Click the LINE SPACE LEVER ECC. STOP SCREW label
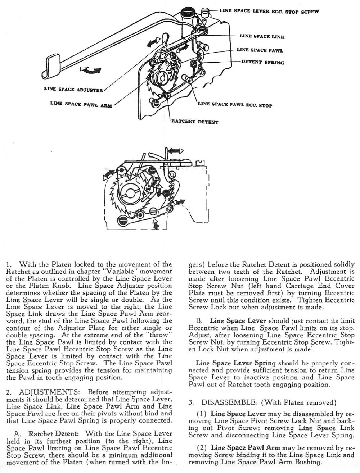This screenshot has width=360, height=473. pos(269,11)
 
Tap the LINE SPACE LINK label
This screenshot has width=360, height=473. pos(262,36)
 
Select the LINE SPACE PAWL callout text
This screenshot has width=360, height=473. pos(260,50)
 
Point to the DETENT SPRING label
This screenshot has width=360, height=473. pos(262,62)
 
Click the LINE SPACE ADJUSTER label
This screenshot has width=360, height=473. pos(73,90)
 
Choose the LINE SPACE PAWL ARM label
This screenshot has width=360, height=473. pos(81,105)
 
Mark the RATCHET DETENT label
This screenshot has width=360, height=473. pos(195,122)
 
